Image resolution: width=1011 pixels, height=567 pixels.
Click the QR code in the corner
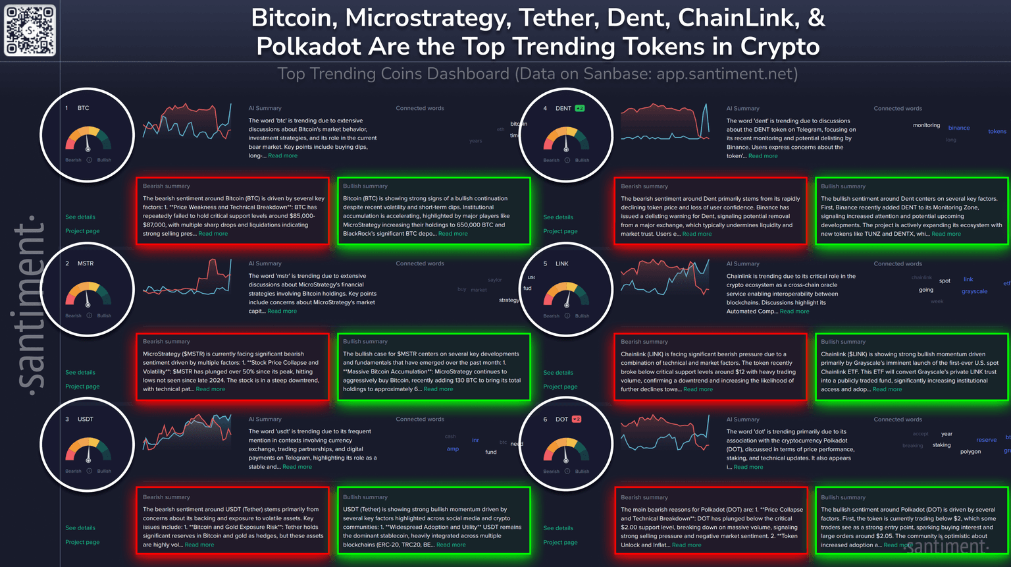[30, 30]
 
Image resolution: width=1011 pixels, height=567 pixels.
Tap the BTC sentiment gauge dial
[88, 139]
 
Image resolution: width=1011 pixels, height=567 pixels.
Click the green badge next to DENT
[579, 108]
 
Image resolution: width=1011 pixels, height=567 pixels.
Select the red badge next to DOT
[577, 419]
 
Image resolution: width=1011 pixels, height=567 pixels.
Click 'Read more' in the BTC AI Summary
[282, 156]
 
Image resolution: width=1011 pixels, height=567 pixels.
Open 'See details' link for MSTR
[80, 372]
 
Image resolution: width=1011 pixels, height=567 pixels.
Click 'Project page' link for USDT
[82, 542]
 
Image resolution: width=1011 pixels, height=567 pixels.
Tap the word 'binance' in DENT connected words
[958, 128]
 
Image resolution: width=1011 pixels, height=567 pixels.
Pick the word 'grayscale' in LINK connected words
[974, 291]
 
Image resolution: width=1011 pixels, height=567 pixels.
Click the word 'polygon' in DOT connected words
[970, 452]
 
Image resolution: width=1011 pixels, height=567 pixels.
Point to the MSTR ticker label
[86, 263]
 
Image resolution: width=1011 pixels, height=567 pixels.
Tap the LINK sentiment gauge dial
[566, 295]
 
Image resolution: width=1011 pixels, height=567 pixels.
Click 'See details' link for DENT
[558, 217]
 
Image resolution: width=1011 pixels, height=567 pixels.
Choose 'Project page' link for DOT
[560, 542]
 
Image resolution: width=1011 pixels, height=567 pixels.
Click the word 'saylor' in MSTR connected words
[494, 280]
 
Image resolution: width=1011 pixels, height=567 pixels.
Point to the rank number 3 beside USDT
[67, 419]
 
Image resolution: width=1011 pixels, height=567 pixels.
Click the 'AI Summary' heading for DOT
[742, 419]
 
